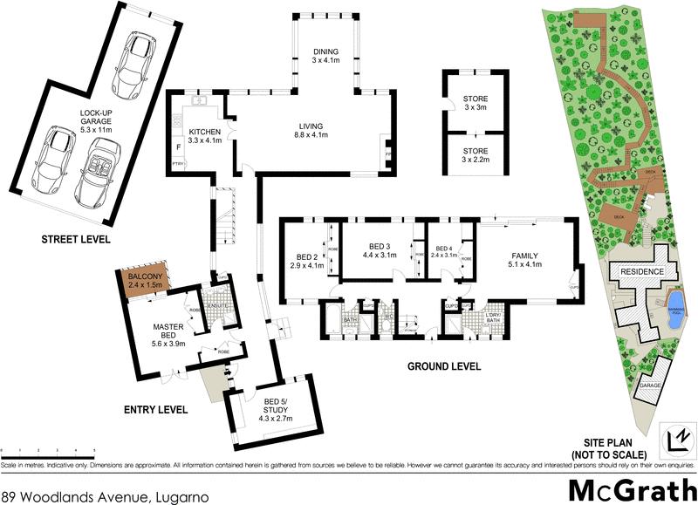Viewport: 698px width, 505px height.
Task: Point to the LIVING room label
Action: [x=312, y=131]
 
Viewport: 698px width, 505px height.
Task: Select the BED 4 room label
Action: [x=443, y=251]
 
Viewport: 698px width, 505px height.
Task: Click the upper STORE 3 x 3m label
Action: [x=475, y=103]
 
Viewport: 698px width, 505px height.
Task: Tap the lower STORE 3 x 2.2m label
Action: [x=475, y=155]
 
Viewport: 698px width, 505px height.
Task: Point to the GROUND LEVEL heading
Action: [x=444, y=367]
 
